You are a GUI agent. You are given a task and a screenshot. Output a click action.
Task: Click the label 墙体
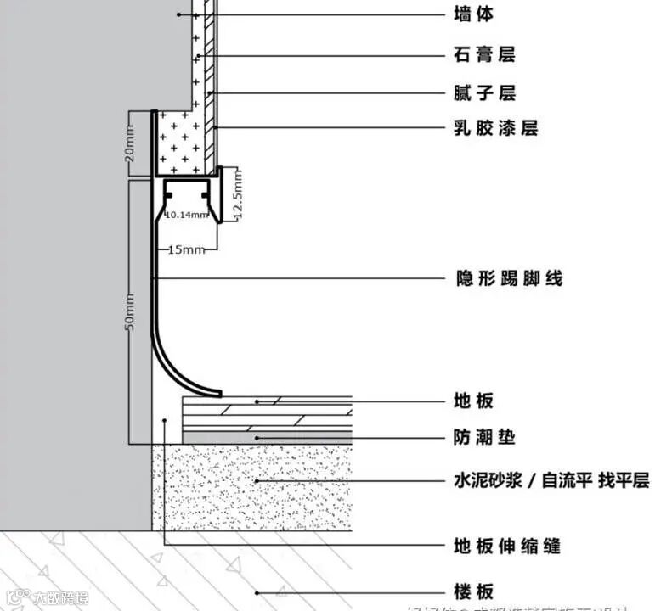(x=473, y=14)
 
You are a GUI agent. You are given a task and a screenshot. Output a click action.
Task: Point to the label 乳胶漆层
(x=496, y=128)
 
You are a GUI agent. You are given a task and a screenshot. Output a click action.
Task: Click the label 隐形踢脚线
(x=509, y=278)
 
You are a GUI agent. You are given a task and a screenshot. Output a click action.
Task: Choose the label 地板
(x=473, y=401)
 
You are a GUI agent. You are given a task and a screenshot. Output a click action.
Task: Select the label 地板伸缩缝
(x=507, y=546)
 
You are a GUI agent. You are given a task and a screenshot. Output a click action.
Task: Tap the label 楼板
(x=473, y=591)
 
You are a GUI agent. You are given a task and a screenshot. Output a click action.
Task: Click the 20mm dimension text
(x=129, y=144)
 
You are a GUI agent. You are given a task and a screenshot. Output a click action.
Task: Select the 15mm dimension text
(x=186, y=249)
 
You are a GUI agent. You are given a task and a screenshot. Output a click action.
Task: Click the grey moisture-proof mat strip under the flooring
(x=267, y=437)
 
